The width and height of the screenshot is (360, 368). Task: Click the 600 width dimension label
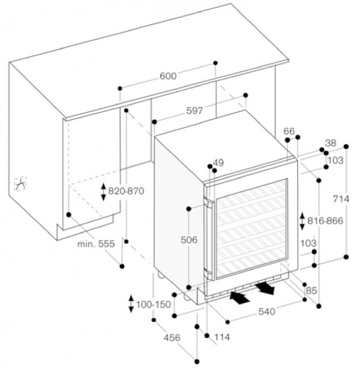(168, 76)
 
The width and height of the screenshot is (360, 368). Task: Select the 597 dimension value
(195, 111)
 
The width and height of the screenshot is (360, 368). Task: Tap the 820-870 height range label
(126, 191)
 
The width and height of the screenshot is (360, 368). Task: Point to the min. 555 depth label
(96, 244)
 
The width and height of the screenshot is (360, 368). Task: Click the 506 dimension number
(189, 240)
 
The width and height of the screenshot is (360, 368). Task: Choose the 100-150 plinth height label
(154, 304)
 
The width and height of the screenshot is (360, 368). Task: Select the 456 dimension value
(172, 338)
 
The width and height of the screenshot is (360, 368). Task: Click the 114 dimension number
(222, 338)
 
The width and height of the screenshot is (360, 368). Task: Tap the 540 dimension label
(267, 312)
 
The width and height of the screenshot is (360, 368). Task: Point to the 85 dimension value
(312, 291)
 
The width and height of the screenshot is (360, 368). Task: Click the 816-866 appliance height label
(325, 221)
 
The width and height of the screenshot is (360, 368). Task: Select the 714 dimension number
(341, 199)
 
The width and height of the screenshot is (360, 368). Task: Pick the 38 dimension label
(331, 142)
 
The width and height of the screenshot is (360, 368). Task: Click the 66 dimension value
(289, 131)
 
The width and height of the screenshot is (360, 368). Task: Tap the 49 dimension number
(218, 163)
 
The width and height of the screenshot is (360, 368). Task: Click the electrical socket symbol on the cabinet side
(21, 183)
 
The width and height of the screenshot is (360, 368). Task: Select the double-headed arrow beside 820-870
(103, 192)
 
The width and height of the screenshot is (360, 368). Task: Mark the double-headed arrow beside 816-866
(303, 221)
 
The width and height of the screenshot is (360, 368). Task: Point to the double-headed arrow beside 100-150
(132, 304)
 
